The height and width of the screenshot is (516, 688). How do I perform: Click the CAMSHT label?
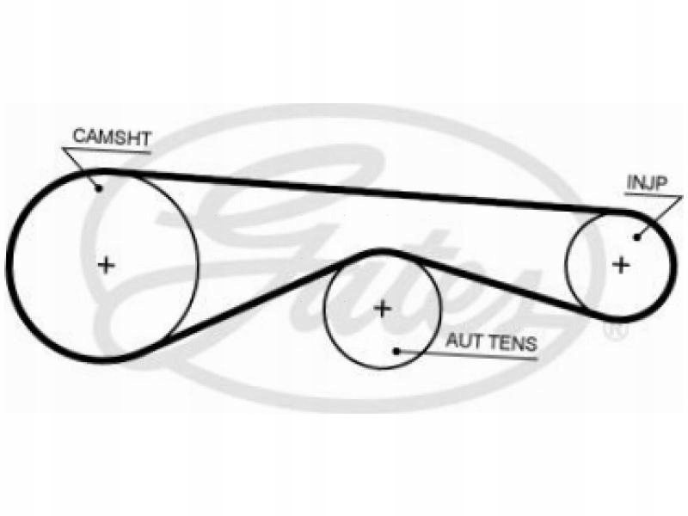112,136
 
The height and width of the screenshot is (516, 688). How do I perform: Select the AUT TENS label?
490,341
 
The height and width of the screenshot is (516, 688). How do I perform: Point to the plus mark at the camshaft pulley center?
106,265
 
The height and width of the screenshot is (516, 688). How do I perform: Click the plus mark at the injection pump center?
620,265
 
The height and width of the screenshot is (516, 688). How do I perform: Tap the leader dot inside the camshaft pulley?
100,188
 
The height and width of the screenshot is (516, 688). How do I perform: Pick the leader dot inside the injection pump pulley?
637,236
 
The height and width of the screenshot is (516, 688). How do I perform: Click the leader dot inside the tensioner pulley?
396,350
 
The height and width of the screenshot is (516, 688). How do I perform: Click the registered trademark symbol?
616,329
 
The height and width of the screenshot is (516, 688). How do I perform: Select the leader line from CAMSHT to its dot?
81,168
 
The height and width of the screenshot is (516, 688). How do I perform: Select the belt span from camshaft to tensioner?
258,301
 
